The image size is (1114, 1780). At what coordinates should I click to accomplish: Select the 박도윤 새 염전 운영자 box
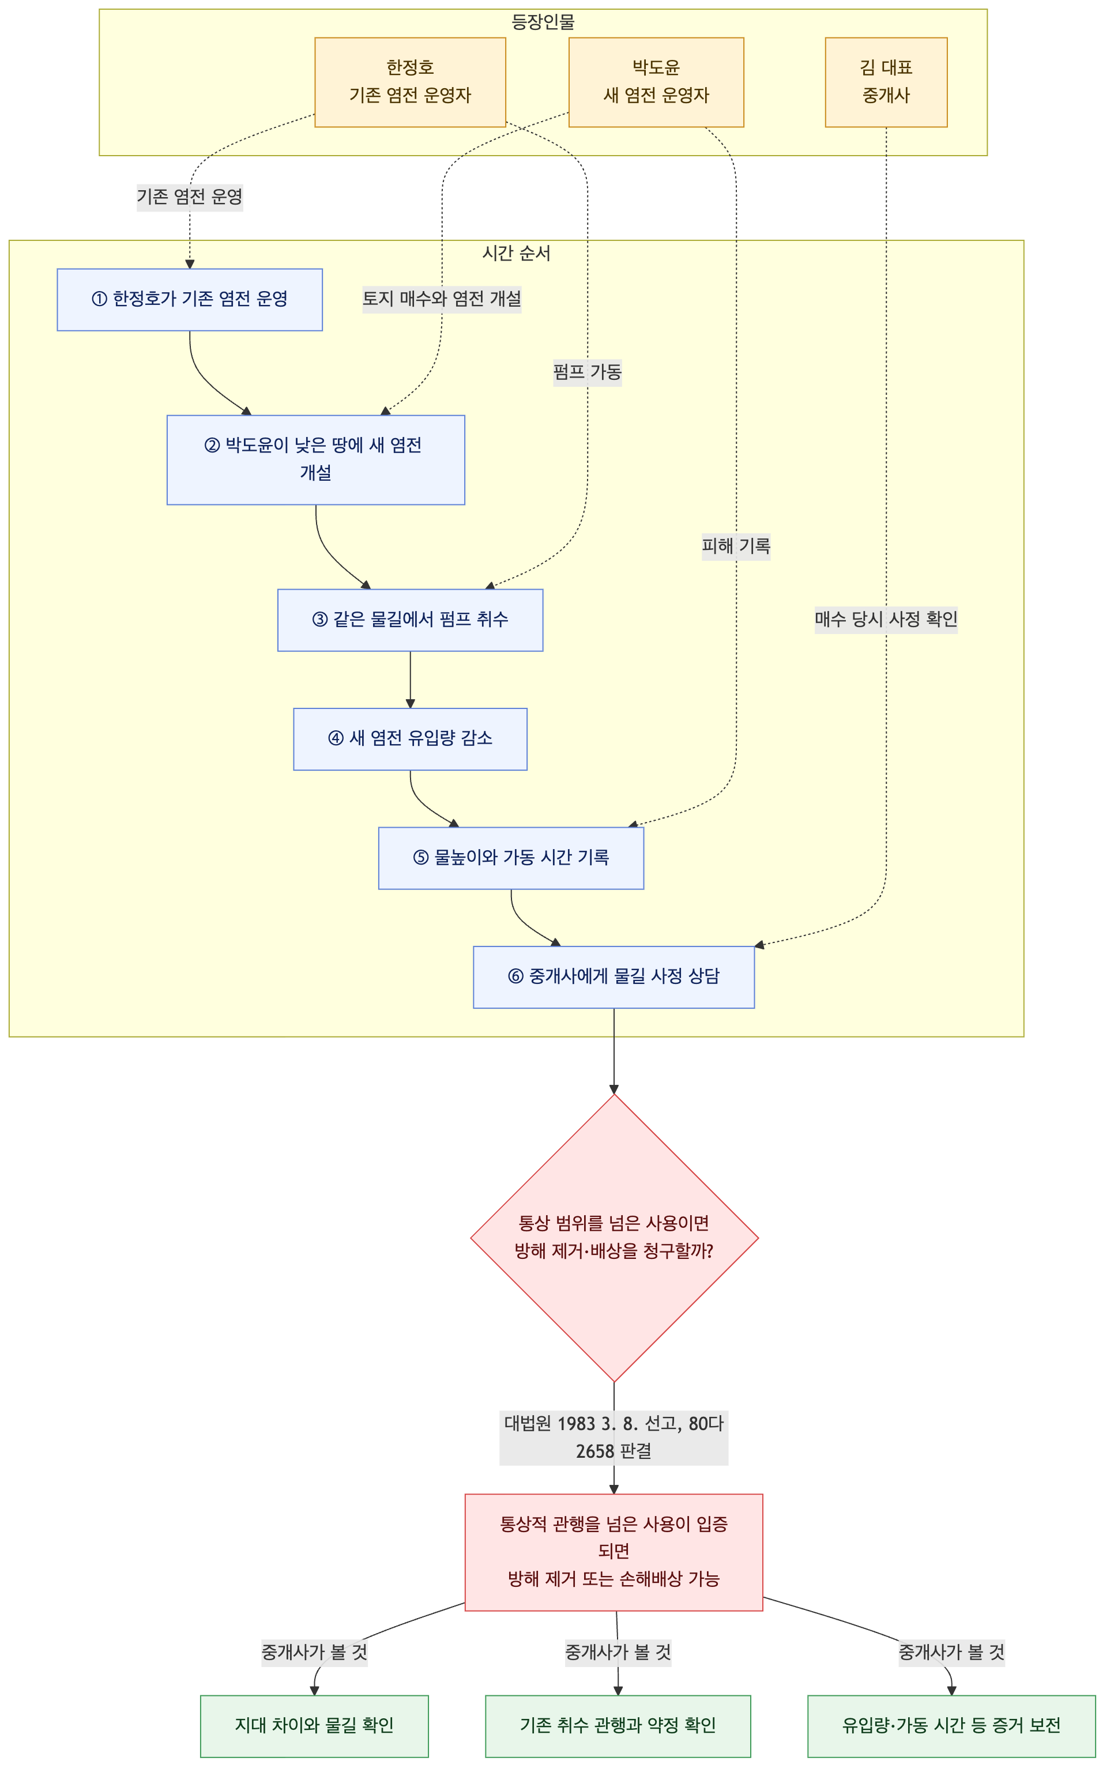(x=656, y=82)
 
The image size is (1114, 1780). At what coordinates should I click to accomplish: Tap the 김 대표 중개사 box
(x=886, y=82)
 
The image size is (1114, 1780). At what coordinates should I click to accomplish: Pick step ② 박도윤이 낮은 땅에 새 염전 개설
(x=315, y=459)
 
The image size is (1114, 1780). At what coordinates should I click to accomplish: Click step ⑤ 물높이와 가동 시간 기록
(x=511, y=858)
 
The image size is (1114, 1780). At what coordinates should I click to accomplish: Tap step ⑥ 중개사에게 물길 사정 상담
(x=613, y=977)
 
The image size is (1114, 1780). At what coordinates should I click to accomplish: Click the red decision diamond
(x=614, y=1238)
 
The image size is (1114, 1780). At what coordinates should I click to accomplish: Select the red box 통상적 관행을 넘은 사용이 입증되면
(x=613, y=1552)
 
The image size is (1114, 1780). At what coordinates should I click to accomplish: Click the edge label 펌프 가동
(x=587, y=372)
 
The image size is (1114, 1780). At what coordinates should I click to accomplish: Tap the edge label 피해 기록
(x=736, y=546)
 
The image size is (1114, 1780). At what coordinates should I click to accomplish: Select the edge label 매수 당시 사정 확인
(x=886, y=619)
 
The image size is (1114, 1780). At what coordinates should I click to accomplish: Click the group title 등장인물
(x=543, y=22)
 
